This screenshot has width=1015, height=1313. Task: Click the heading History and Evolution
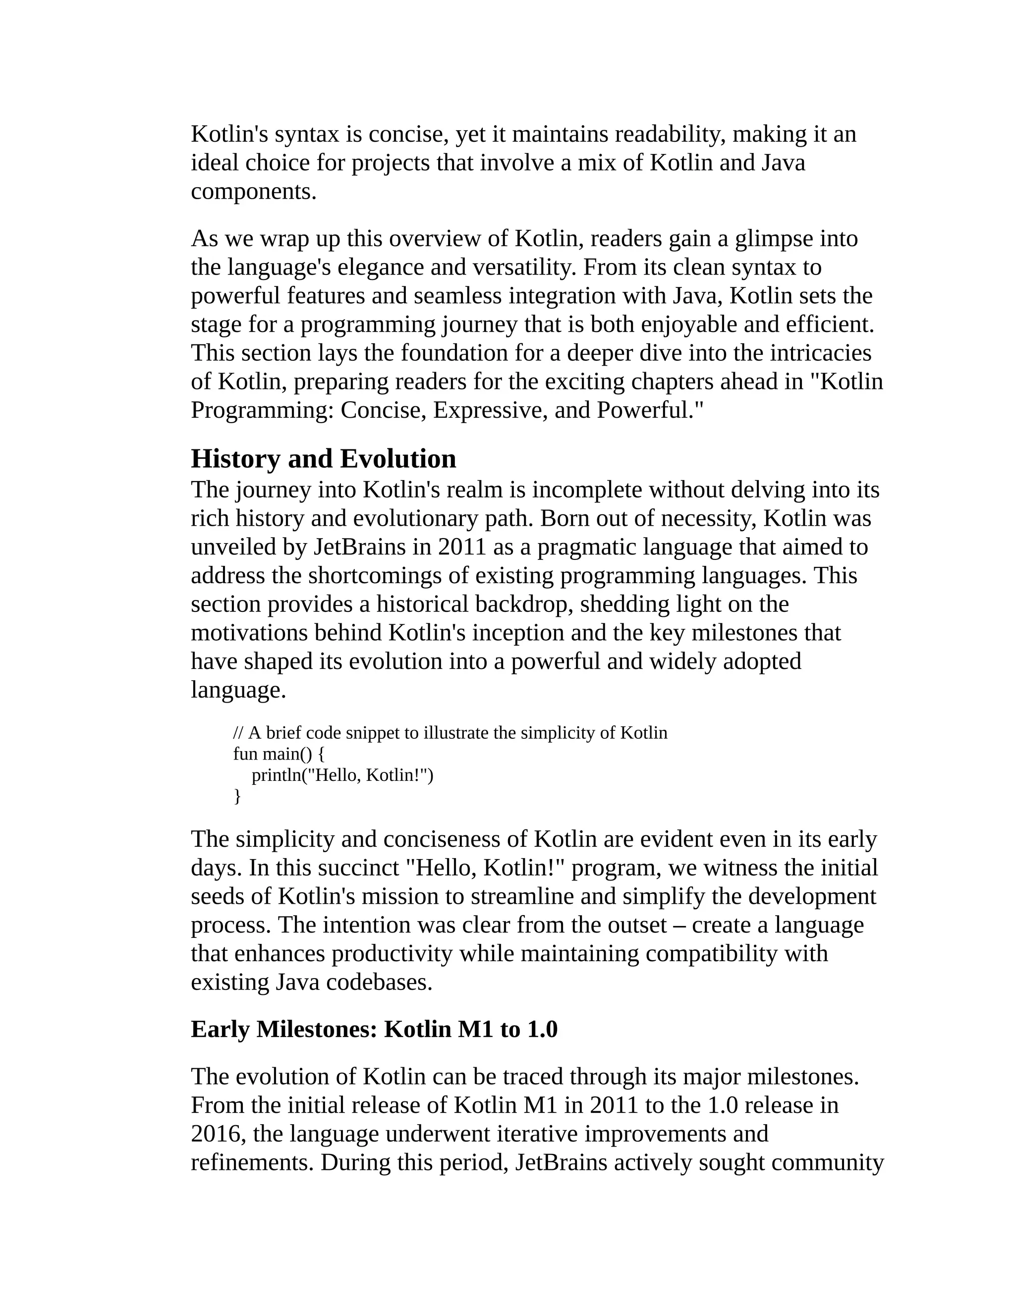coord(323,459)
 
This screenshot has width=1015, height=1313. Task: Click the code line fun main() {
coord(279,754)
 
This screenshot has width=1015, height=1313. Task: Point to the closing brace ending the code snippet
coord(237,796)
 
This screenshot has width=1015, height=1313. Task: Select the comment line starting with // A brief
coord(450,733)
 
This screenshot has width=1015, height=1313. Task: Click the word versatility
coord(524,268)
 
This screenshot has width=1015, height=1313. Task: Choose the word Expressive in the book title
coord(489,411)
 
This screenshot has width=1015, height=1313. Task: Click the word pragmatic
coord(586,547)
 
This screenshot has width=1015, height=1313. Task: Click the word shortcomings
coord(388,576)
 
